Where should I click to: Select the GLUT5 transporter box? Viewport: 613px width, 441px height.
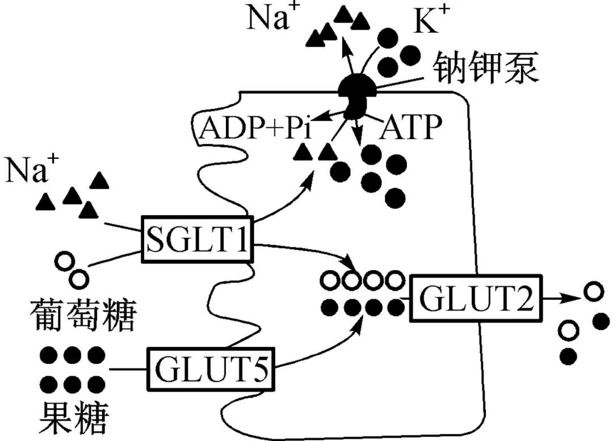click(210, 369)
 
